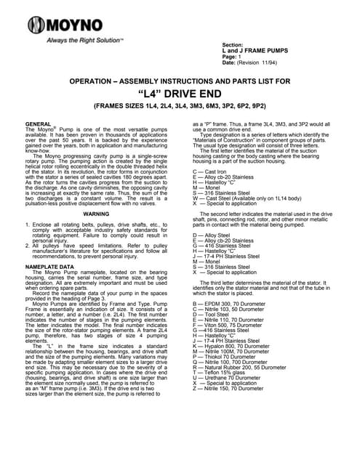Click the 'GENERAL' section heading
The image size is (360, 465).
coord(38,124)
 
